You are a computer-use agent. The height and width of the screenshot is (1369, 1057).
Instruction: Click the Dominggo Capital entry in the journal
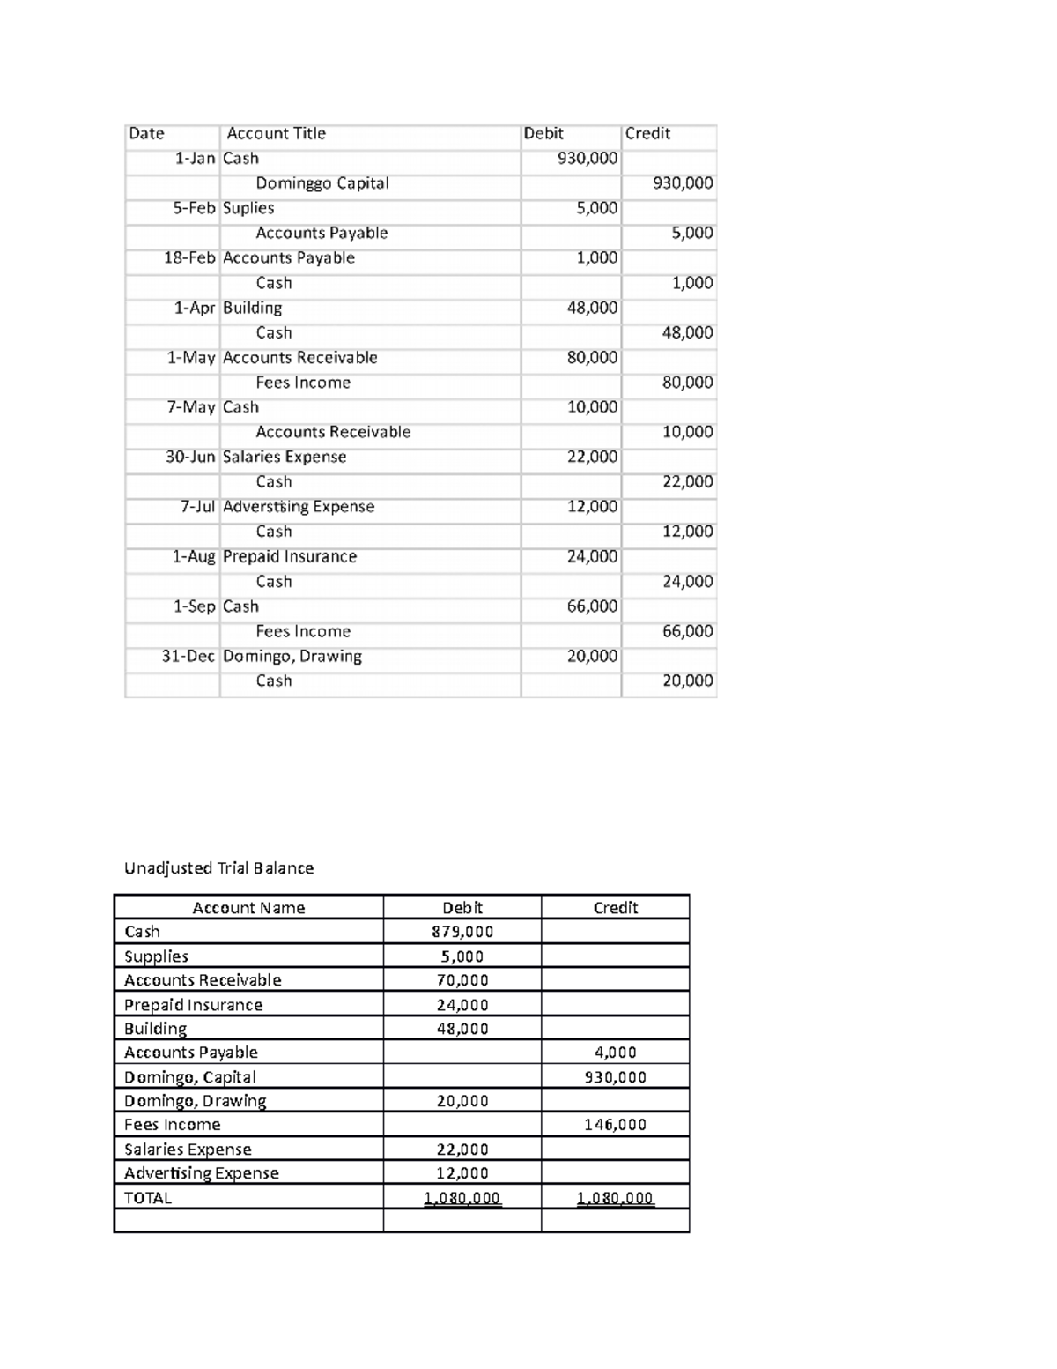[322, 183]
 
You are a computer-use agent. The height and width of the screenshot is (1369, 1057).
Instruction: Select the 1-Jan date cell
[195, 159]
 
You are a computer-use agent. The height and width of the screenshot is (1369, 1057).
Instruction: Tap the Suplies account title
[248, 208]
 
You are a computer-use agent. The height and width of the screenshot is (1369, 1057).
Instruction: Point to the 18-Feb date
[189, 258]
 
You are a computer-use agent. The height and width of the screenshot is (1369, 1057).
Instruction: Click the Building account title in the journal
[252, 308]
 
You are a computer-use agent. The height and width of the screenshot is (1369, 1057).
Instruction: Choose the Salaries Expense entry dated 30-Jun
[284, 457]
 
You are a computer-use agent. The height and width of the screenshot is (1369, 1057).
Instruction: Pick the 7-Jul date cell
[197, 507]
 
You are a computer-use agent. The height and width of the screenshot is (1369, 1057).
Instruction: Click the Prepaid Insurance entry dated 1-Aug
[289, 556]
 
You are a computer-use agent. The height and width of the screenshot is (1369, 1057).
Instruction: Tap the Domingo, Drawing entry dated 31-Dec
[292, 656]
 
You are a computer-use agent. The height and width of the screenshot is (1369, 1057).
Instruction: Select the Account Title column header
[276, 134]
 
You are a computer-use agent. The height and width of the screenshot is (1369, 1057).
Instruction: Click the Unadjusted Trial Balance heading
[218, 868]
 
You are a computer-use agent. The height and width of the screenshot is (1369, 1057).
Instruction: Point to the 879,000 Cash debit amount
[462, 932]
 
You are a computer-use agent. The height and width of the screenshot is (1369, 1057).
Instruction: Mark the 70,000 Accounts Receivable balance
[462, 980]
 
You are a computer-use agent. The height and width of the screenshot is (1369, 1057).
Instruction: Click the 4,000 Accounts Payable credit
[616, 1053]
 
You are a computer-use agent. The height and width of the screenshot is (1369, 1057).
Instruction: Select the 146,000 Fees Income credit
[616, 1125]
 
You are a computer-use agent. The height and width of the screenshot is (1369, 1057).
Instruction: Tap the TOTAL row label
[148, 1198]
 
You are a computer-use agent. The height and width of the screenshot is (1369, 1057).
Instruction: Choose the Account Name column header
[248, 908]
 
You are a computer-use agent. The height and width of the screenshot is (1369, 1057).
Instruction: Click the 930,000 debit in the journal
[588, 159]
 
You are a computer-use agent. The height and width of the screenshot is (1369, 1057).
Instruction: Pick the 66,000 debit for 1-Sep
[592, 606]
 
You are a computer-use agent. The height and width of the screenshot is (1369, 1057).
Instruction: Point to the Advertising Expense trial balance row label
[201, 1173]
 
